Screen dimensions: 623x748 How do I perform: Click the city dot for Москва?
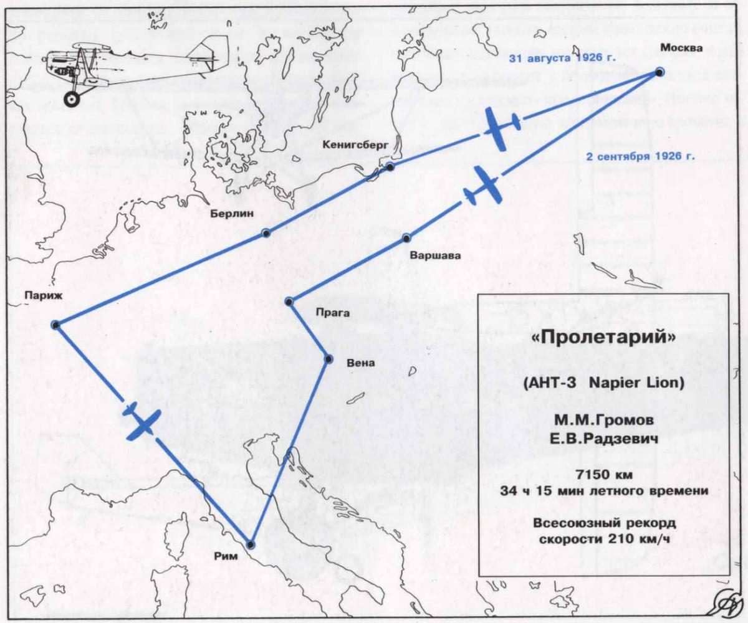pos(659,73)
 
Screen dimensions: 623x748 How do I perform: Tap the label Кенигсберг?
pos(356,144)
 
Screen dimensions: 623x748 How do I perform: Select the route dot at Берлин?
pos(266,233)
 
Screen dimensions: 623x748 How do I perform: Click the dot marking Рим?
pos(251,544)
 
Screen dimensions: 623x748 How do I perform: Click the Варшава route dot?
pos(406,237)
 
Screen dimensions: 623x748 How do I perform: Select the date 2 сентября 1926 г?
pos(641,156)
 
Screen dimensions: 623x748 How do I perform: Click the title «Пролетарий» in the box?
pos(603,337)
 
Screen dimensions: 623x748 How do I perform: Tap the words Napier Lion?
pos(635,381)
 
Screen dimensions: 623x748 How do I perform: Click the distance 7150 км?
pos(603,475)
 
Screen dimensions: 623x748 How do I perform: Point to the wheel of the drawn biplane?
pos(72,98)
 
